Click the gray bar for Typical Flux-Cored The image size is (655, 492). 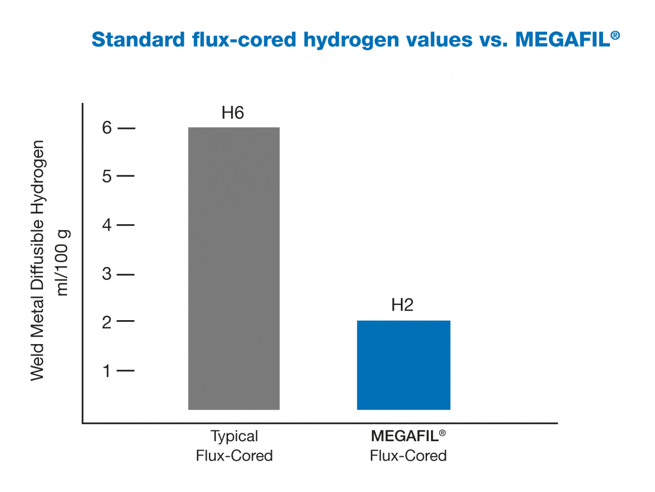click(234, 268)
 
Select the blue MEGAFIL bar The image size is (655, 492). click(403, 365)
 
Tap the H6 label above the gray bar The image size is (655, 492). click(232, 113)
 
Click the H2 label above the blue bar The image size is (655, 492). click(402, 305)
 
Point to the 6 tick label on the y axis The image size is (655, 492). click(107, 128)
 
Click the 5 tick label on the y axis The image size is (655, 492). click(107, 176)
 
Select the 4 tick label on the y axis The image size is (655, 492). click(107, 225)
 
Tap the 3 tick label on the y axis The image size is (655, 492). click(107, 274)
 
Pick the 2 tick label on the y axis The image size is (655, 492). click(107, 322)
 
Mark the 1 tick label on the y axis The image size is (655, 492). click(107, 371)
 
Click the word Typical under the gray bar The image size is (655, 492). click(234, 437)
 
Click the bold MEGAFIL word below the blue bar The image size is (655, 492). click(405, 436)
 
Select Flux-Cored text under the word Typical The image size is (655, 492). click(234, 456)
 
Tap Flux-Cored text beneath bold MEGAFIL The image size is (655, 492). click(408, 456)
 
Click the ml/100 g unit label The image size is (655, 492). click(63, 263)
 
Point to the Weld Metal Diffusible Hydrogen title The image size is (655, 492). click(38, 260)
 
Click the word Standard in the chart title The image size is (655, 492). click(139, 40)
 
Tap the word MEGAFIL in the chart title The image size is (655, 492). click(562, 40)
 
